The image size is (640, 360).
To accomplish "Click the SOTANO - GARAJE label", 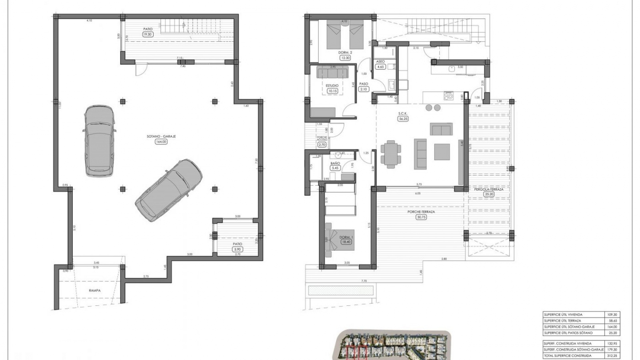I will click(161, 136).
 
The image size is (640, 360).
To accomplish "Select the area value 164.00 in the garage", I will click(161, 142).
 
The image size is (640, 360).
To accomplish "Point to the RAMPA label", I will click(95, 290).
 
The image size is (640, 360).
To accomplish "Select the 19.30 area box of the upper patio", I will click(148, 34).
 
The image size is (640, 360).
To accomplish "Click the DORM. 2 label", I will click(345, 53).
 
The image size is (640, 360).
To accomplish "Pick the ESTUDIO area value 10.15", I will click(332, 91).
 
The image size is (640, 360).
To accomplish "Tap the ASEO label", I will click(380, 62).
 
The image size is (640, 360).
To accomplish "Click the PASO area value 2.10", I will click(363, 89).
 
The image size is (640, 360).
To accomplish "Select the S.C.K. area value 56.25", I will click(403, 119).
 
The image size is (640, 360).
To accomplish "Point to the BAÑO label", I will click(335, 163).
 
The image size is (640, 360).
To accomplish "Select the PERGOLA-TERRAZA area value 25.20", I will click(489, 194).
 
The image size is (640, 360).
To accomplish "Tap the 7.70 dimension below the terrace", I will click(364, 281).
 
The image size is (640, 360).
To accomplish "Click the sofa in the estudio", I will click(332, 72).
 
